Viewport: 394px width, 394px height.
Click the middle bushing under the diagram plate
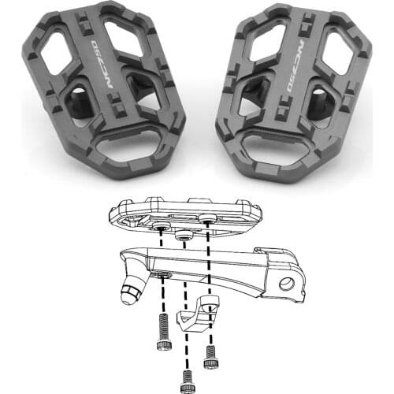(184, 236)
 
